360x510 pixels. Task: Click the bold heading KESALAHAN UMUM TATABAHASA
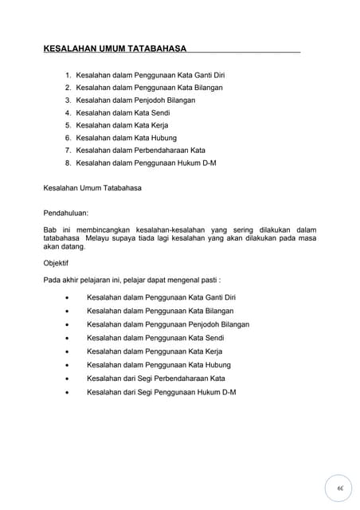[115, 49]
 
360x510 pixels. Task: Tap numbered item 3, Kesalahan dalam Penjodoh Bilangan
[135, 100]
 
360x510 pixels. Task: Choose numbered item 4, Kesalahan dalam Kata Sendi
[123, 112]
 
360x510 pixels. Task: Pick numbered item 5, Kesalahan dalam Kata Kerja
[123, 125]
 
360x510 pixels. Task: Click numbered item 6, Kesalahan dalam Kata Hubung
[127, 138]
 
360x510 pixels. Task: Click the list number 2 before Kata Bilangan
[68, 87]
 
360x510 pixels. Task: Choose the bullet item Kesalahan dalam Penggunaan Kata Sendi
[155, 338]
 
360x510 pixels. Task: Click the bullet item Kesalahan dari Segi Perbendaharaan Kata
[156, 378]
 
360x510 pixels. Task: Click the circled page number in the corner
[339, 488]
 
